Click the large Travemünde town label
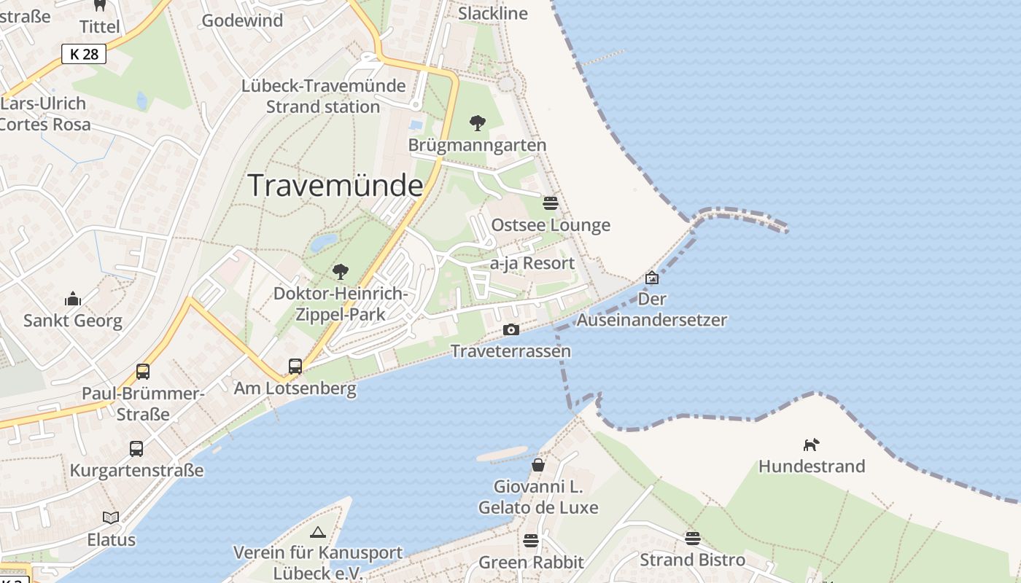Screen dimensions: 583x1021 pyautogui.click(x=335, y=186)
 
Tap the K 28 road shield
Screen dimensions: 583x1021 pyautogui.click(x=84, y=54)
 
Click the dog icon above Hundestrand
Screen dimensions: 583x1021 pyautogui.click(x=811, y=445)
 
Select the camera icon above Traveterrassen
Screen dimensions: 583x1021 pyautogui.click(x=511, y=330)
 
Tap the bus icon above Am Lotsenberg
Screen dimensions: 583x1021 pyautogui.click(x=295, y=366)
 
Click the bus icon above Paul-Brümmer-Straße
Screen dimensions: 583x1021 pyautogui.click(x=143, y=372)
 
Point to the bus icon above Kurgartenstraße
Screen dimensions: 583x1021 pyautogui.click(x=136, y=449)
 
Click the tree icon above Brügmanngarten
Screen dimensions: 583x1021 pyautogui.click(x=478, y=123)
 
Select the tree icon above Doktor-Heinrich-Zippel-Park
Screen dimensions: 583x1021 pyautogui.click(x=340, y=273)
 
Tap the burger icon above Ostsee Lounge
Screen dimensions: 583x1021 pyautogui.click(x=551, y=203)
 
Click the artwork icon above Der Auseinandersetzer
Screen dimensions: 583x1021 pyautogui.click(x=652, y=278)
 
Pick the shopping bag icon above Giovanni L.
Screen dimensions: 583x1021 pyautogui.click(x=538, y=464)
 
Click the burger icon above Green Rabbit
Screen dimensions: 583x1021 pyautogui.click(x=531, y=541)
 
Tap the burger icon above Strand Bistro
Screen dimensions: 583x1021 pyautogui.click(x=692, y=539)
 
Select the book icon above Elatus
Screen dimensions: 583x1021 pyautogui.click(x=111, y=517)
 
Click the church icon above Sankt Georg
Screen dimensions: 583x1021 pyautogui.click(x=73, y=299)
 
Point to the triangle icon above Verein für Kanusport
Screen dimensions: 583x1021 pyautogui.click(x=317, y=532)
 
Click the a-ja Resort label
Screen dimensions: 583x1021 pyautogui.click(x=532, y=263)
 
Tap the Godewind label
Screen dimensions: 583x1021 pyautogui.click(x=242, y=20)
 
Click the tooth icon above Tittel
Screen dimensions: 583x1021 pyautogui.click(x=100, y=5)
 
